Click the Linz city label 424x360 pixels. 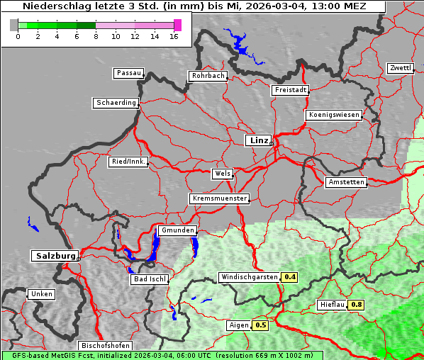(x=258, y=140)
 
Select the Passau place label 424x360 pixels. (x=128, y=73)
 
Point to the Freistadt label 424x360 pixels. (x=290, y=90)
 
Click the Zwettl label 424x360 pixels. (x=400, y=68)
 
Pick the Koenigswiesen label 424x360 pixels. (x=334, y=115)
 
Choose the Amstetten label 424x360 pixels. (x=346, y=182)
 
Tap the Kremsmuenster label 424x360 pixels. (x=220, y=198)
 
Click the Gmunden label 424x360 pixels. (x=177, y=230)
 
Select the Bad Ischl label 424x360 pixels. (x=150, y=279)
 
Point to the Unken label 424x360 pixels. (x=41, y=294)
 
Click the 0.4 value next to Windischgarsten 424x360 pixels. (x=290, y=277)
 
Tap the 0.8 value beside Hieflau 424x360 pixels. (x=357, y=305)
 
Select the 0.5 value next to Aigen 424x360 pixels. (x=261, y=325)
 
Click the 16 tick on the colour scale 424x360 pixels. (x=175, y=36)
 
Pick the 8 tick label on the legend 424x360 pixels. (x=96, y=36)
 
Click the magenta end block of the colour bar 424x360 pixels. (x=177, y=25)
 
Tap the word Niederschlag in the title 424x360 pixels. (x=52, y=6)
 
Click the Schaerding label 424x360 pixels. (x=116, y=103)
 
